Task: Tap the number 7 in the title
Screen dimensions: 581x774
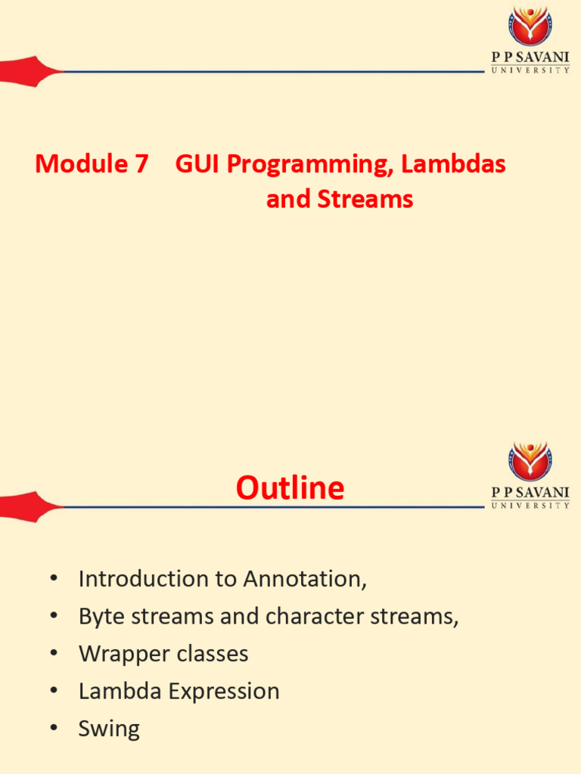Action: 141,164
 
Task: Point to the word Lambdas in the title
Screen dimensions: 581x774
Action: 453,163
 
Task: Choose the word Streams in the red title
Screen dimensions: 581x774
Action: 365,200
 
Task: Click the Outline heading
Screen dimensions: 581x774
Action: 290,488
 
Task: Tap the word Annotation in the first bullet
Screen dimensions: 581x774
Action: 305,579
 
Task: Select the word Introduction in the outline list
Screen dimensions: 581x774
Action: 144,579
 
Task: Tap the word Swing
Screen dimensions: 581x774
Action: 109,729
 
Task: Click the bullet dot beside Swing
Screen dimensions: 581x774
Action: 54,728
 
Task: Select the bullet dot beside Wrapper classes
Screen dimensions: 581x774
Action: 54,653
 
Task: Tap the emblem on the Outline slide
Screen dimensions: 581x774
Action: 530,461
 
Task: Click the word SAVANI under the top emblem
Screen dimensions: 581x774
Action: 542,57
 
